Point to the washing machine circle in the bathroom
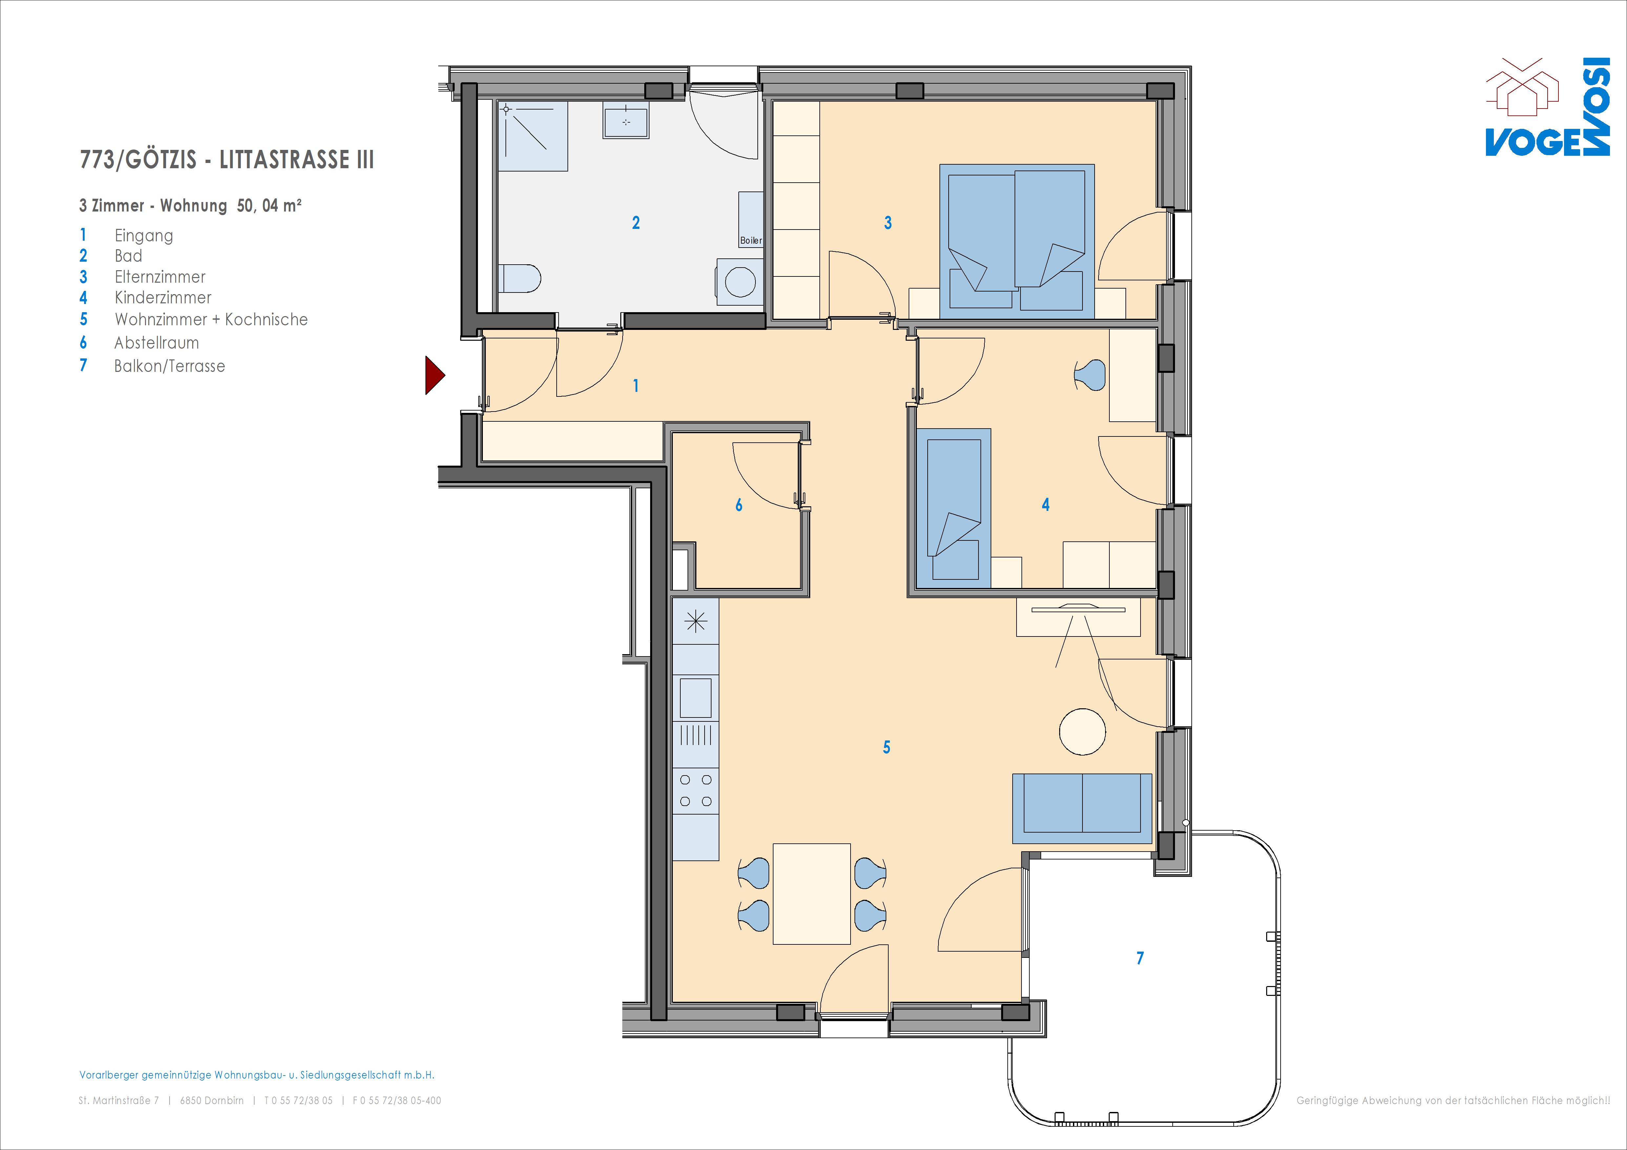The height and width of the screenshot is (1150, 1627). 740,282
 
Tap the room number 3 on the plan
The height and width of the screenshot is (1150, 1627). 888,223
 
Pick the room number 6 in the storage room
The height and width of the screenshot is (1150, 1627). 739,505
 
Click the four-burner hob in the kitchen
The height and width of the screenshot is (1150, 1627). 696,791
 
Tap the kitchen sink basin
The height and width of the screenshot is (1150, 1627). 696,698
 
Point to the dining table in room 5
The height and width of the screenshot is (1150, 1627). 812,894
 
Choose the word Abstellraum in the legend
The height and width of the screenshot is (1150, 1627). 156,343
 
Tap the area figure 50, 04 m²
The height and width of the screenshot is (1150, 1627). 269,206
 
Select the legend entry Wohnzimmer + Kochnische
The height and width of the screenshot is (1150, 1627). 211,320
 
